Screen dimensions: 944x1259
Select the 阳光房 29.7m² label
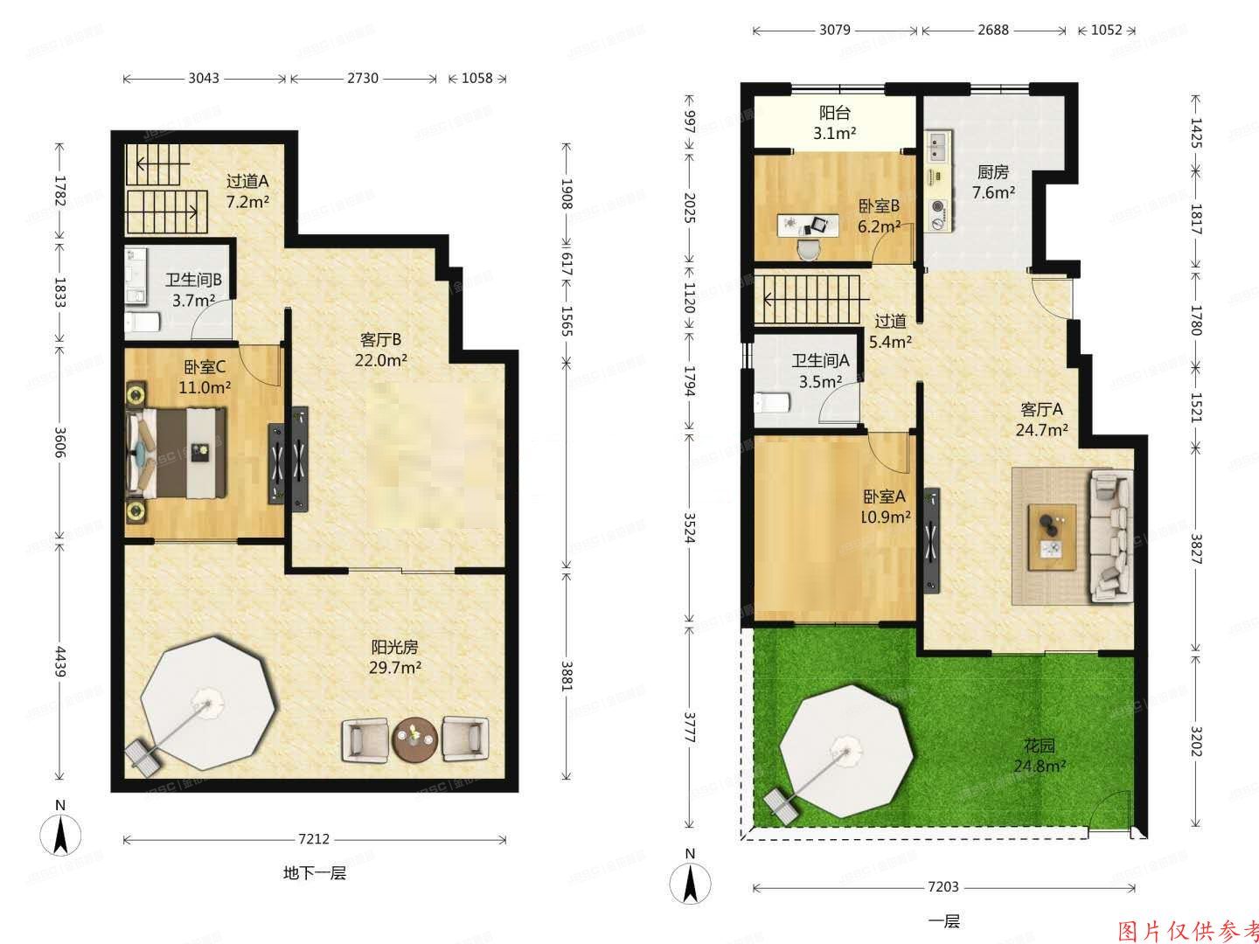[395, 657]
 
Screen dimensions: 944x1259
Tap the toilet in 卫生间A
[771, 403]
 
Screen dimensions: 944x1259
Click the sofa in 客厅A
[1110, 536]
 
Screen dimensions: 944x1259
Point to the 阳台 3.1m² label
[835, 123]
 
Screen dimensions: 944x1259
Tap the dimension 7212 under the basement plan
[315, 840]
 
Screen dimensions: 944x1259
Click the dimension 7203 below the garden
[943, 887]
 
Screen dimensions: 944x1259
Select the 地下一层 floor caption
[315, 873]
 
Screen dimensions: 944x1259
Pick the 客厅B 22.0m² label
[380, 350]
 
